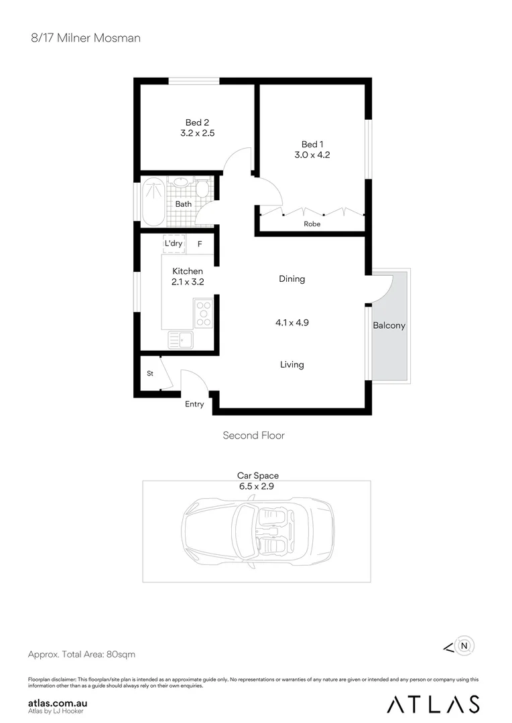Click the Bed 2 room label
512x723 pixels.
197,123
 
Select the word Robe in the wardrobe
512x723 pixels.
312,224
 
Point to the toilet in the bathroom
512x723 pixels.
202,187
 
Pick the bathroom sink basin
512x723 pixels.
180,182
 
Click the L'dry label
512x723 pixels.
174,244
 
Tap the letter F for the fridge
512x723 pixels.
200,244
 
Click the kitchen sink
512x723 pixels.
180,340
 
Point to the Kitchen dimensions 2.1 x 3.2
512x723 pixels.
188,282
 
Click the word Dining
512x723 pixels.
292,278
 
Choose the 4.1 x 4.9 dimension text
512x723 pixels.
292,322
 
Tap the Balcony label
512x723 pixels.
389,325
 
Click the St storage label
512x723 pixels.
150,374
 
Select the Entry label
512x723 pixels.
194,404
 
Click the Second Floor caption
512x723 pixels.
253,435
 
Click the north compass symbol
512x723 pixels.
466,646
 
